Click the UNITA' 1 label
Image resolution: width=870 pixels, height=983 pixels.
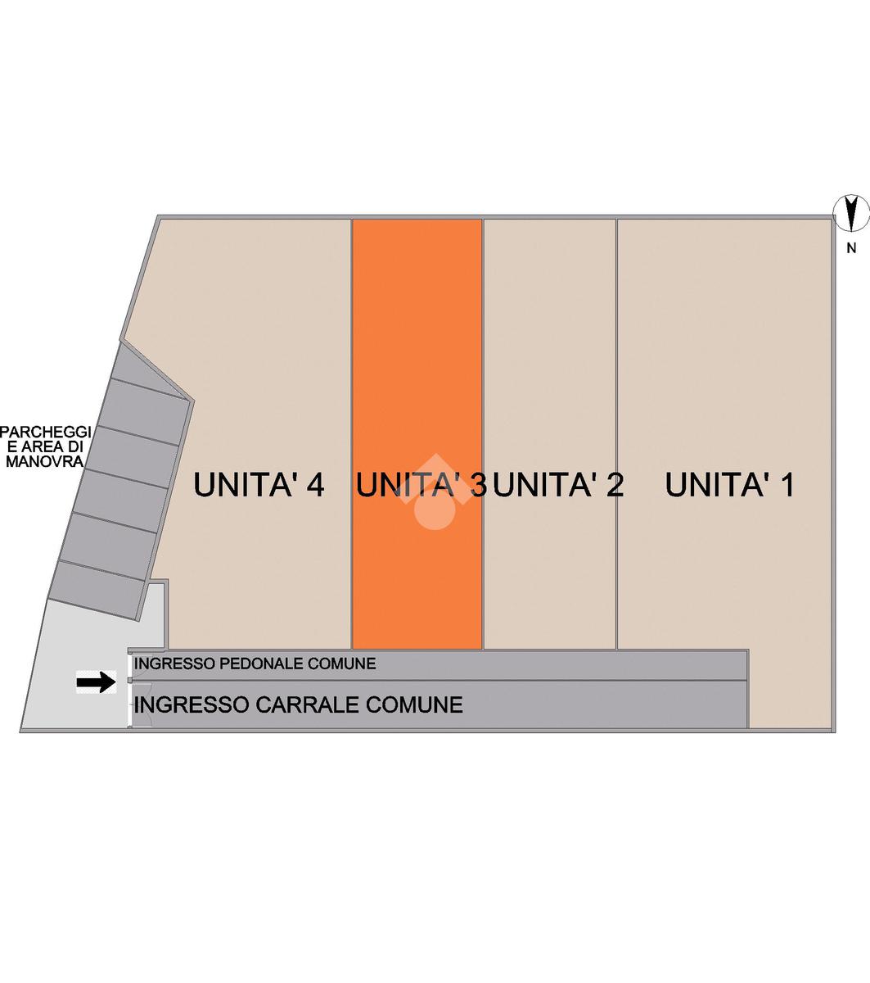(729, 485)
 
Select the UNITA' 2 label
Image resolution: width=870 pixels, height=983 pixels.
(559, 485)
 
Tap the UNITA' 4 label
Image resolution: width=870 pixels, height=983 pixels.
(259, 485)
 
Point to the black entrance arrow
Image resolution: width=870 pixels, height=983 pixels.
(97, 682)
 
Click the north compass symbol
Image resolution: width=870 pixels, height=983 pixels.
(851, 214)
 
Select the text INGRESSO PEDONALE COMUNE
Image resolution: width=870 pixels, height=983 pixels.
(255, 664)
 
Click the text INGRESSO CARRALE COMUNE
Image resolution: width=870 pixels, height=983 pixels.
(298, 704)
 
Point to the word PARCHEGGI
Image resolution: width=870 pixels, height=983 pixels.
(47, 432)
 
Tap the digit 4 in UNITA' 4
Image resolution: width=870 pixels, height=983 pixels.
(315, 485)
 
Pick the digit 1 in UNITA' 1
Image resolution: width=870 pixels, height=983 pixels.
(787, 485)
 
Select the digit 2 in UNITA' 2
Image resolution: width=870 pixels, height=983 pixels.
(615, 485)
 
